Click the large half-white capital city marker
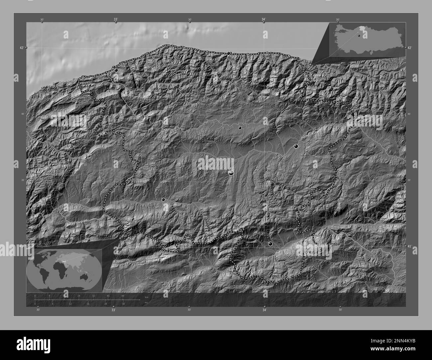tap(231, 173)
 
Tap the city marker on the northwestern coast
tap(116, 70)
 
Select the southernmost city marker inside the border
tap(270, 244)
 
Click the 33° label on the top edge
tap(115, 20)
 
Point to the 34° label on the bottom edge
tap(265, 310)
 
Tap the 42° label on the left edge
tap(22, 48)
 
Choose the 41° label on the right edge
tap(409, 246)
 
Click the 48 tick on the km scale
tap(123, 296)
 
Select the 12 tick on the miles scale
tap(70, 304)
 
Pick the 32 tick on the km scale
tap(93, 296)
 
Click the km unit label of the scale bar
tap(147, 297)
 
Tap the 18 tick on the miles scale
tap(88, 304)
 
